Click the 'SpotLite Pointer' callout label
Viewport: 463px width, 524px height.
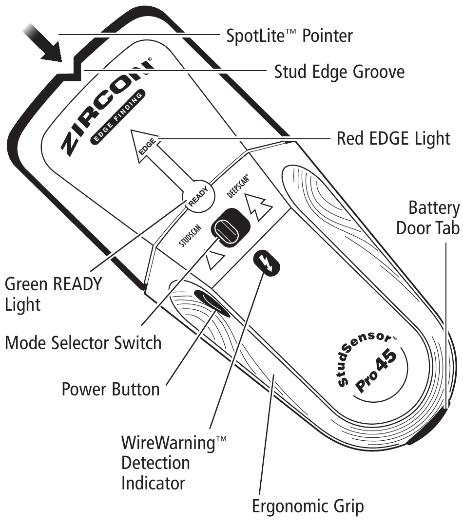[289, 36]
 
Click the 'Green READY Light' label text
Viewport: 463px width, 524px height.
[53, 294]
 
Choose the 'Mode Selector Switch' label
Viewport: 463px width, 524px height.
[83, 343]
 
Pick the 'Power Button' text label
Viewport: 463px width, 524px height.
[111, 389]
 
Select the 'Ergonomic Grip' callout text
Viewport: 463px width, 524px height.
[308, 507]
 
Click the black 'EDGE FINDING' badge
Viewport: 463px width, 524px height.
[117, 118]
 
